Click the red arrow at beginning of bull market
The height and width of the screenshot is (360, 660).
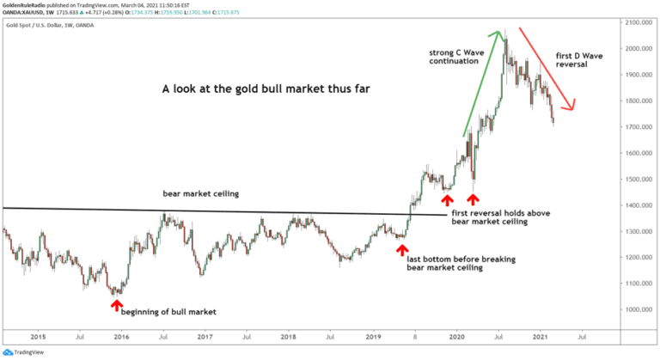tap(116, 303)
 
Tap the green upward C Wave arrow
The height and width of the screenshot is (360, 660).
tap(481, 83)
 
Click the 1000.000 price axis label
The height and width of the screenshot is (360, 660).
tap(637, 310)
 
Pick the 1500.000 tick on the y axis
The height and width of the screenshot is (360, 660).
tap(637, 180)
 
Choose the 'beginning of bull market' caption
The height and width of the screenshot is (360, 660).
tap(168, 312)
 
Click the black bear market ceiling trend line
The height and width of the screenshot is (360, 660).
tap(215, 211)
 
